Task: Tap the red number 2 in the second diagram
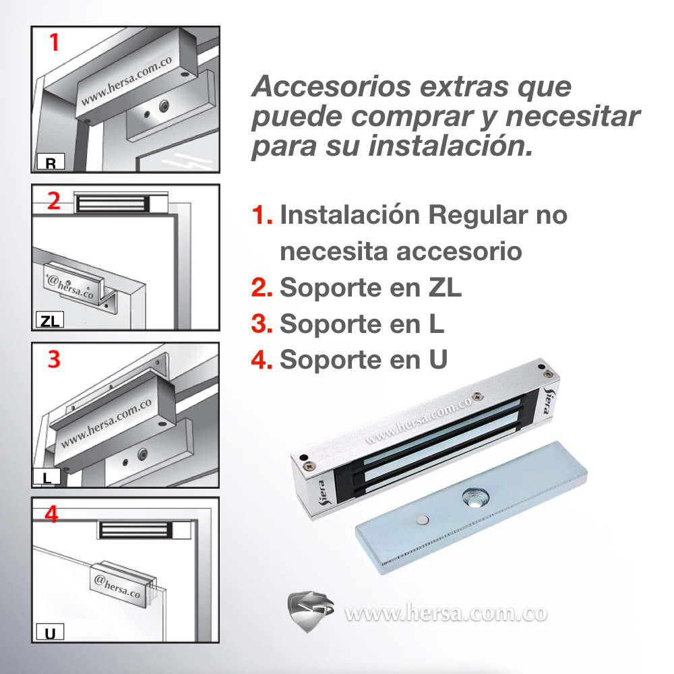[54, 200]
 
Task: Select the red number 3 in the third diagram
[54, 359]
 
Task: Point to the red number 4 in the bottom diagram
[51, 514]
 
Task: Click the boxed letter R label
[51, 162]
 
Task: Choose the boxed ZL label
[49, 321]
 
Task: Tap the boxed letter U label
[50, 634]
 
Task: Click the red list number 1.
[262, 216]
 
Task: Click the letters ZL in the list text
[445, 288]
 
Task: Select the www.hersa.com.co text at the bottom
[446, 613]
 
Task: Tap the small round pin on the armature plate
[423, 519]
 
